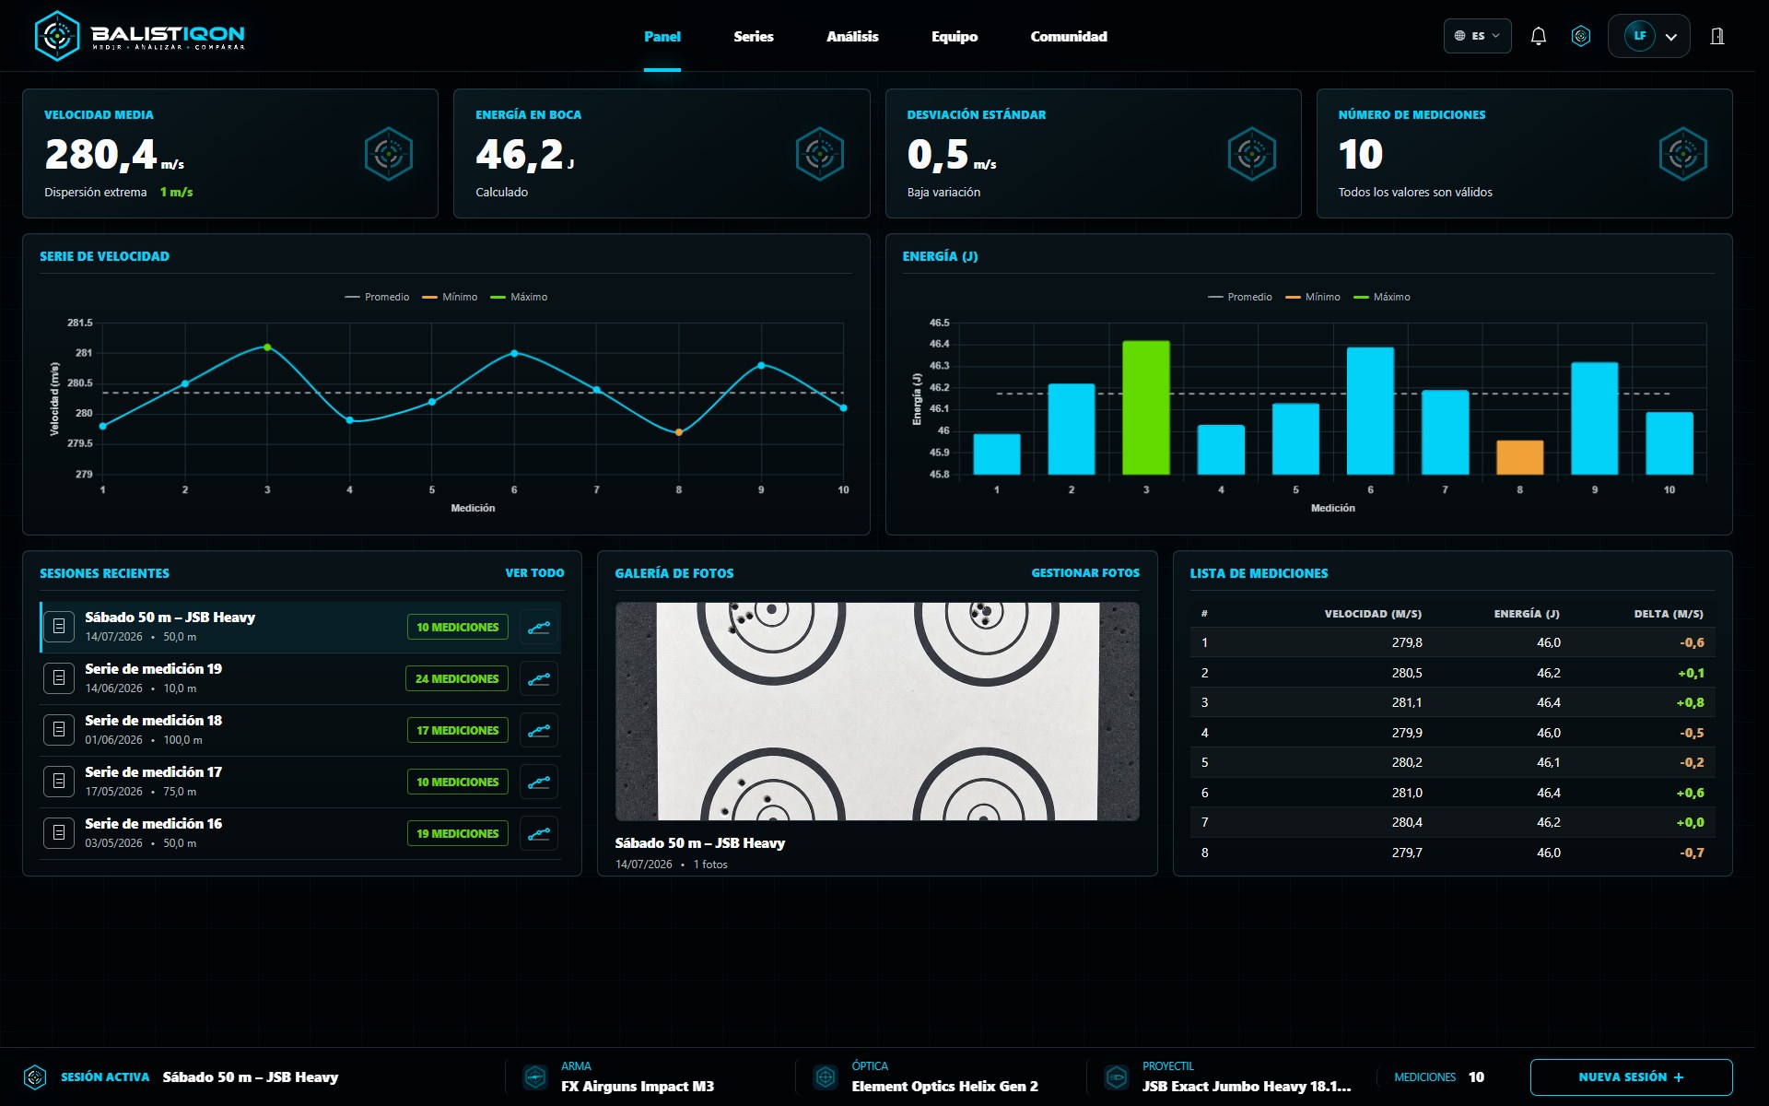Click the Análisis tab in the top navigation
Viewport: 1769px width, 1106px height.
[852, 37]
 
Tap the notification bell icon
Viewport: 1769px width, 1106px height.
[1538, 36]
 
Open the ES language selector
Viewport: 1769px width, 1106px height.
[1477, 36]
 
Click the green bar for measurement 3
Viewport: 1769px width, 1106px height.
[1146, 407]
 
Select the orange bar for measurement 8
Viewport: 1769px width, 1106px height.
[1519, 457]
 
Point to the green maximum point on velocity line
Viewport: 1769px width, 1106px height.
[267, 347]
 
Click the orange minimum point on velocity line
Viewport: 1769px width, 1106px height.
[679, 432]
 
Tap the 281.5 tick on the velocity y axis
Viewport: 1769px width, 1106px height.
[79, 323]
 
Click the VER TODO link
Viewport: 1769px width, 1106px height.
[534, 573]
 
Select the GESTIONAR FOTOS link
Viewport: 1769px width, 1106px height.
[1085, 573]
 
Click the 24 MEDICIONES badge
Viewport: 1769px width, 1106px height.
[457, 678]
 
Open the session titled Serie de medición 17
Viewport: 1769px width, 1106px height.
[153, 772]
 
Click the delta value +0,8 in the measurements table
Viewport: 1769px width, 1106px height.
[1690, 702]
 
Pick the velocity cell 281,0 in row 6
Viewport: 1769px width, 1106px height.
[1407, 793]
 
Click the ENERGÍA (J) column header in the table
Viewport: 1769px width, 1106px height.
[1527, 614]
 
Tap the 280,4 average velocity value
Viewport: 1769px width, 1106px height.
[101, 154]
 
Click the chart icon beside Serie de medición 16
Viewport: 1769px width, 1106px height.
[539, 833]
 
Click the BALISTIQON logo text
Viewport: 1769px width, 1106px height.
[168, 33]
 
